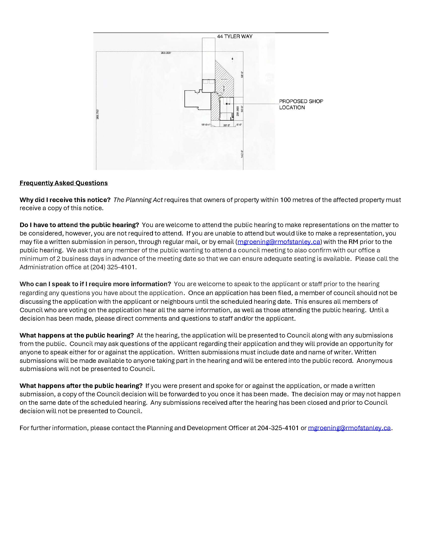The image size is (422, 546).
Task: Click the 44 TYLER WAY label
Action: [235, 36]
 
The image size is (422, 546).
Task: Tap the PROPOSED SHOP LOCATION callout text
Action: [301, 104]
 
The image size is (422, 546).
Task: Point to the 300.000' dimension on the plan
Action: [166, 53]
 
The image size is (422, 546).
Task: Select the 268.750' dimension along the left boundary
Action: [98, 114]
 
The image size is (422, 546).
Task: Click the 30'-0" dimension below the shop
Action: [226, 125]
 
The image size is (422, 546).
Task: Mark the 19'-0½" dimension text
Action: [206, 125]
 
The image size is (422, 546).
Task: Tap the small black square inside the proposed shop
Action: [227, 103]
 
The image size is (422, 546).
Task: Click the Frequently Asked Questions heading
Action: [64, 183]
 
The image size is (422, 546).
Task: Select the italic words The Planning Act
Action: [138, 200]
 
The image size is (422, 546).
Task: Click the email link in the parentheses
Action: [279, 242]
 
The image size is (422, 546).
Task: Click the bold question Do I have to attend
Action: [79, 225]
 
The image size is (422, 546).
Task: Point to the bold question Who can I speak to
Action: [95, 284]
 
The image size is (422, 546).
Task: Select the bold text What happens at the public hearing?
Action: [76, 335]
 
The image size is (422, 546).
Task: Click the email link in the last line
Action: [349, 428]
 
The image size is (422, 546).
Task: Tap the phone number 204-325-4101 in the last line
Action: [278, 428]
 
